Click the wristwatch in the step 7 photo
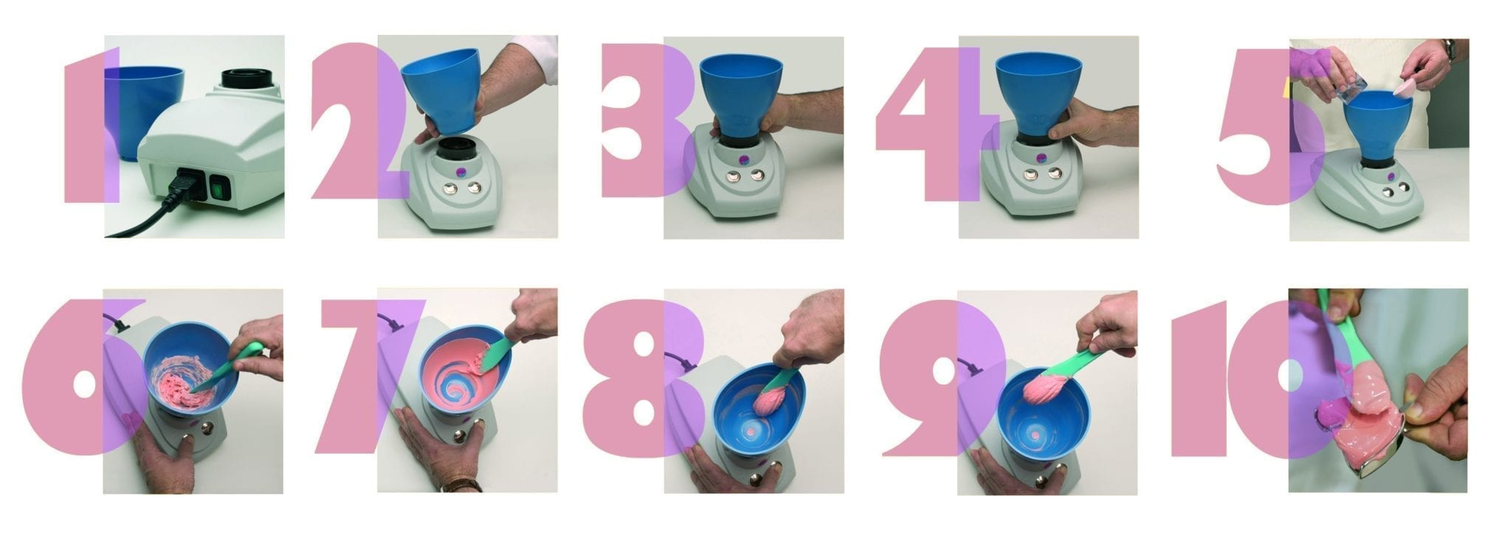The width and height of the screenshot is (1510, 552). pos(463,486)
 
